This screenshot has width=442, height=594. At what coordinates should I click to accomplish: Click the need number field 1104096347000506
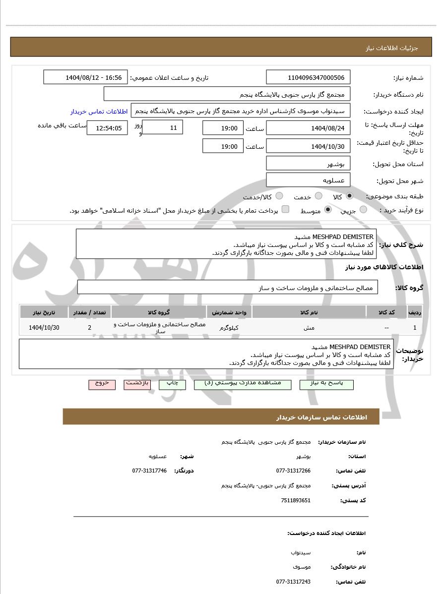click(308, 77)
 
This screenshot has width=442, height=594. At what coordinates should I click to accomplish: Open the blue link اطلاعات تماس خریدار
click(99, 112)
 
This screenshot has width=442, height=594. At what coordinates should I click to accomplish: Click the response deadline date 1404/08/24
click(308, 128)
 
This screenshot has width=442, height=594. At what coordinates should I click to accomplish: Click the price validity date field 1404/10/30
click(308, 146)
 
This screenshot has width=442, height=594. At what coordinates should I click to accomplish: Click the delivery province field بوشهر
click(308, 164)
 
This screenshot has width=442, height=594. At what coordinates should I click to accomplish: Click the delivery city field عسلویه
click(308, 180)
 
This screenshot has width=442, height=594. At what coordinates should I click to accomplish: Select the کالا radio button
click(350, 196)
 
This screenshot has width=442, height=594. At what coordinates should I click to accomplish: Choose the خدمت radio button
click(318, 196)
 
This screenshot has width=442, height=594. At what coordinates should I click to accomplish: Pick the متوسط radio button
click(328, 210)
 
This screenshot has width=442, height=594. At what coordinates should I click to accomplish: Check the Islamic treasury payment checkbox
click(285, 210)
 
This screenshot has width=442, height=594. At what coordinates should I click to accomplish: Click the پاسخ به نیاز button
click(326, 384)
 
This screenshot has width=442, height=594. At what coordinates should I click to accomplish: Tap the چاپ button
click(172, 384)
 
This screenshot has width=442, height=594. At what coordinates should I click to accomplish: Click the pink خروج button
click(102, 384)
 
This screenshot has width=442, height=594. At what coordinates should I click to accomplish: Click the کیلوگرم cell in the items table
click(229, 328)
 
